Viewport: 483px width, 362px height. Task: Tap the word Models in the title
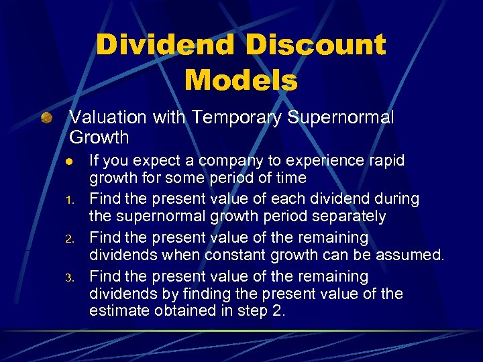coord(241,80)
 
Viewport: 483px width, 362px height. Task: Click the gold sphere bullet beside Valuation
coord(46,119)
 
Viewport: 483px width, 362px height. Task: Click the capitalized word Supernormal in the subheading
coord(341,117)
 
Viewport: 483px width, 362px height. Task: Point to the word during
coord(398,199)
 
